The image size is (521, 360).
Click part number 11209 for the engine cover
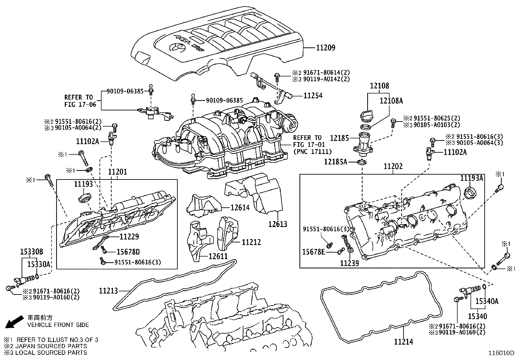point(325,48)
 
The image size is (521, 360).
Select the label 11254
point(313,96)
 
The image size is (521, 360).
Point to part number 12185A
point(336,162)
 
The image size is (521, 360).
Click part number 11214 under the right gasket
point(404,342)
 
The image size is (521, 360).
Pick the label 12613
point(278,224)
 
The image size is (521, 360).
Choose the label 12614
point(240,207)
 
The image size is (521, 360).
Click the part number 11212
point(251,242)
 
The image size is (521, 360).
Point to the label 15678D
point(128,252)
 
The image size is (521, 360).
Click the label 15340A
point(487,302)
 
